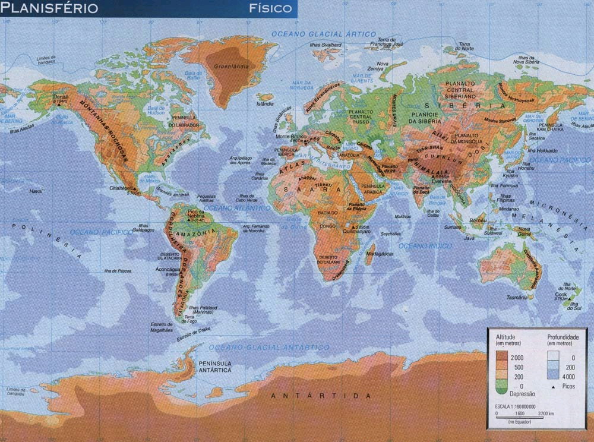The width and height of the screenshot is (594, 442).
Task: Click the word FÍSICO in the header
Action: (x=271, y=8)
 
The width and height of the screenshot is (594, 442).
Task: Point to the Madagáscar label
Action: (x=380, y=254)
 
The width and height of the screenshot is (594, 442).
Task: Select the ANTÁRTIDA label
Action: (x=321, y=396)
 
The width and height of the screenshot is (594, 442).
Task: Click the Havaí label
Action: (x=37, y=191)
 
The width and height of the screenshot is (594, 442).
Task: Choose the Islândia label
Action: (x=265, y=103)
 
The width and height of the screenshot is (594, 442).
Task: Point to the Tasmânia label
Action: (x=516, y=297)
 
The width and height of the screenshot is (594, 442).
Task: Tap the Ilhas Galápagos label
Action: (x=144, y=229)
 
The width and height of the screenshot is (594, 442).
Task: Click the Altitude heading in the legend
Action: (x=505, y=337)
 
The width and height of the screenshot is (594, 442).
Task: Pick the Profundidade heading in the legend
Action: (x=563, y=337)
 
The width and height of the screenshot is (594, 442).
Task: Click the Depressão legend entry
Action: (x=523, y=394)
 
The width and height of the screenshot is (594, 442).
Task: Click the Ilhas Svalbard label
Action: (x=326, y=45)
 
